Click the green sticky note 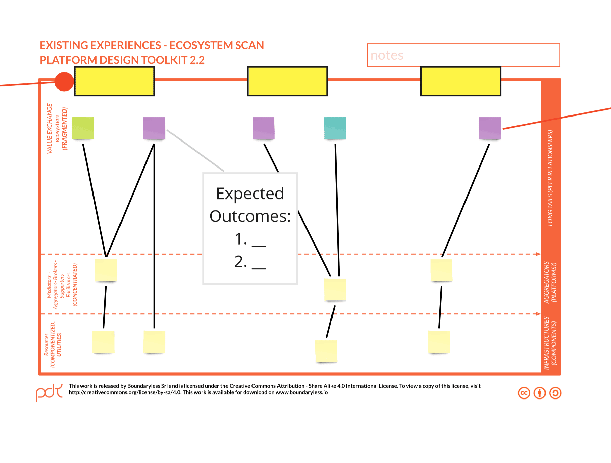[x=83, y=128]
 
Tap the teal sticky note [x=335, y=128]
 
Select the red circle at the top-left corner [x=64, y=82]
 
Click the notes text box [x=463, y=55]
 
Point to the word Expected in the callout [x=250, y=194]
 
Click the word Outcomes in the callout [x=250, y=216]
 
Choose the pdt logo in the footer [x=49, y=392]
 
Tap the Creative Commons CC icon [x=524, y=393]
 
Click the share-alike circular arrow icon [x=555, y=393]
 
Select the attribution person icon [x=539, y=393]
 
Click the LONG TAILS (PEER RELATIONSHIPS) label [x=550, y=178]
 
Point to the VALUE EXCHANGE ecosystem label [x=57, y=128]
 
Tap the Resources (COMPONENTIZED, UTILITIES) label [x=53, y=344]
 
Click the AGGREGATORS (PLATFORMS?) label [x=550, y=282]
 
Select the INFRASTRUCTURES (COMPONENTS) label [x=550, y=343]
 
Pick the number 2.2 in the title [x=197, y=60]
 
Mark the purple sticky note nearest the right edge [x=489, y=128]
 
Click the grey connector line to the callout [x=195, y=151]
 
